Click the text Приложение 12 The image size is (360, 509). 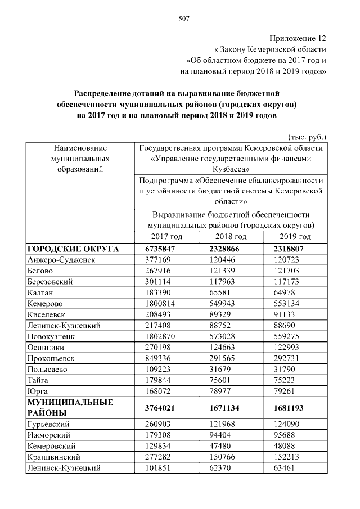tap(298, 38)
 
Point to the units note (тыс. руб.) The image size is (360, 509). tap(307, 137)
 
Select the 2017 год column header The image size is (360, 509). tap(167, 237)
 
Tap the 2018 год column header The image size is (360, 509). tap(231, 237)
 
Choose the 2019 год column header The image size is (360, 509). tap(295, 237)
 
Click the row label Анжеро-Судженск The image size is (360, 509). tap(62, 260)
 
